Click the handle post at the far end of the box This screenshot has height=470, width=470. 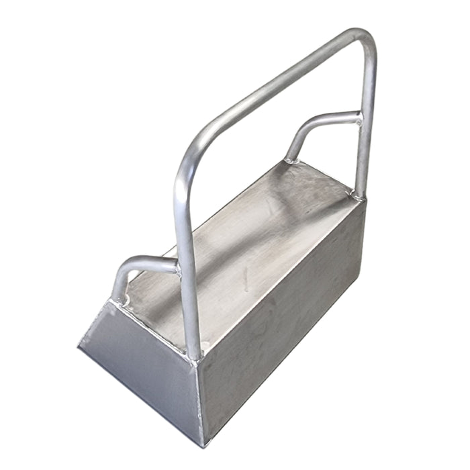pos(366,134)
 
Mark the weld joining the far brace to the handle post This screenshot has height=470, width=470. pos(359,120)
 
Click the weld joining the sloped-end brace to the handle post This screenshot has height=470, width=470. pos(178,269)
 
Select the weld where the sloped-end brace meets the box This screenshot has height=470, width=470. pos(120,301)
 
